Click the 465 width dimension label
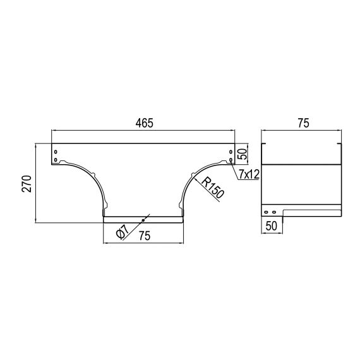(x=144, y=123)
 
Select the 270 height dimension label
(x=27, y=183)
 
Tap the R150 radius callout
(x=212, y=188)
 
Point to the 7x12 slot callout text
(x=249, y=175)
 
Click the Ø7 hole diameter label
(x=122, y=231)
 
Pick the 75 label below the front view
(x=145, y=236)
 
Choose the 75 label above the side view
(x=304, y=123)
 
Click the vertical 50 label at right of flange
(x=243, y=154)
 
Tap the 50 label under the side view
(x=272, y=226)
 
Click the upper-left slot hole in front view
(x=56, y=152)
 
